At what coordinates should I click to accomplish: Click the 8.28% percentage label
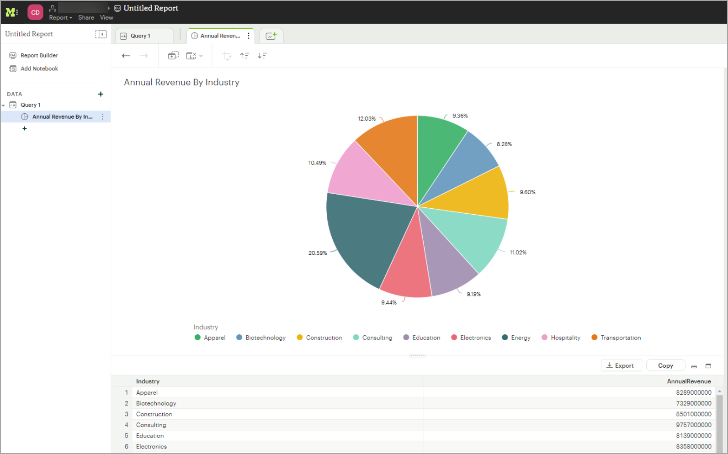pos(504,144)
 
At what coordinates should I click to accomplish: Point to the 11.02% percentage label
pos(518,253)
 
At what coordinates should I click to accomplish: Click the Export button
pos(621,365)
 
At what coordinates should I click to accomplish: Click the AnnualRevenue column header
pos(688,381)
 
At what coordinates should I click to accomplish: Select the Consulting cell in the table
pos(151,425)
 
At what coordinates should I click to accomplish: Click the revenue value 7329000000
pos(693,403)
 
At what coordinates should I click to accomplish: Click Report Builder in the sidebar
pos(39,55)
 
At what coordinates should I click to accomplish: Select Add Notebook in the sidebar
pos(39,69)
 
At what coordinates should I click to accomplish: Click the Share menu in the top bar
pos(86,18)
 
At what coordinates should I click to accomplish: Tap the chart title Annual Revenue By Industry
pos(181,82)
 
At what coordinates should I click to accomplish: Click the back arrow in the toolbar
pos(126,56)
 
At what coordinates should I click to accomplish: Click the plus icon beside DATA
pos(101,94)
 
